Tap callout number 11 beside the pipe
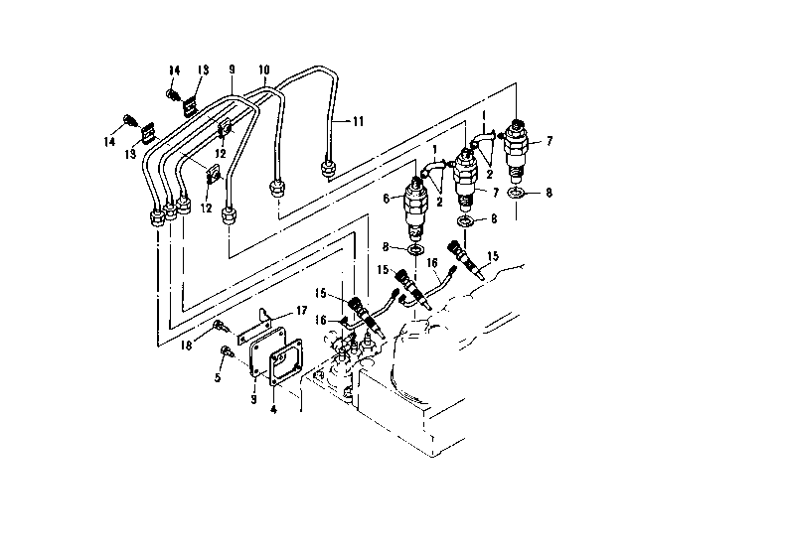click(x=358, y=121)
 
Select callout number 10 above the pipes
click(x=263, y=70)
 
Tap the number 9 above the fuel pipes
click(x=232, y=70)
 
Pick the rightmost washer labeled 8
click(x=514, y=193)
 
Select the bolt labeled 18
click(x=221, y=326)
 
